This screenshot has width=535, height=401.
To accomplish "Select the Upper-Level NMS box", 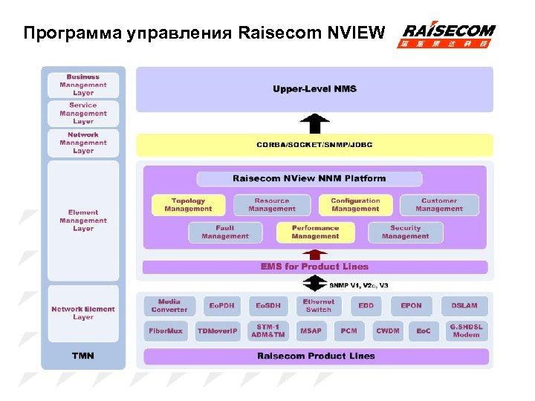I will [314, 89].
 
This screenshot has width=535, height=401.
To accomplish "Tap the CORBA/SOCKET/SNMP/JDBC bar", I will [314, 145].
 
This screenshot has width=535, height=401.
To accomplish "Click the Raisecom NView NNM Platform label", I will [309, 178].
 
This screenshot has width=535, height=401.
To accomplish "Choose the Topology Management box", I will [188, 205].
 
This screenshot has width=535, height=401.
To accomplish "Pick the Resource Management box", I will [272, 205].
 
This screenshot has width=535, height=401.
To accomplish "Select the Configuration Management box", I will [355, 205].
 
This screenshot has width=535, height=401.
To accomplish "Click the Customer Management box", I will [439, 205].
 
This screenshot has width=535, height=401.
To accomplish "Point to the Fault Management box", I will [225, 232].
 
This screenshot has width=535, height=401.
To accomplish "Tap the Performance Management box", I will [315, 232].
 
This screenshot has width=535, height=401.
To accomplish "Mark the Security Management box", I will [405, 232].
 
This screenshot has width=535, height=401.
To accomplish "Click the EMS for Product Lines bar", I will [314, 267].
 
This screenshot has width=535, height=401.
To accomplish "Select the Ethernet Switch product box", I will [319, 305].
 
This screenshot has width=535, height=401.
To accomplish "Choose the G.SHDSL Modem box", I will [466, 330].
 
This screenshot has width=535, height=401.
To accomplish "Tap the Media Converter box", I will [169, 305].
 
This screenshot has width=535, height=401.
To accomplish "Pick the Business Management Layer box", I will [83, 85].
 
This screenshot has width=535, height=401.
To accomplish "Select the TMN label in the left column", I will [82, 356].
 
